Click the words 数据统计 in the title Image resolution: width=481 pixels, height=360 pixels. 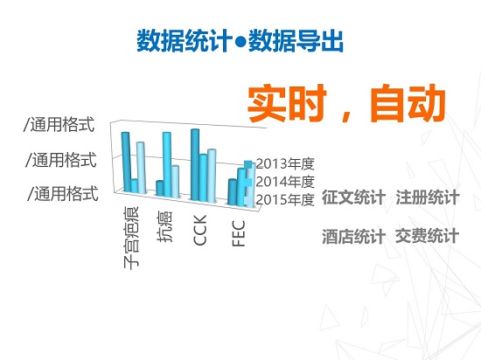tap(185, 41)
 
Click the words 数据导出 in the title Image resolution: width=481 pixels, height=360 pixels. tap(296, 41)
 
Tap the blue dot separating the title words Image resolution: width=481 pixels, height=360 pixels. tap(240, 42)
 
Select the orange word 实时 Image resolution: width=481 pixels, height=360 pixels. tap(287, 103)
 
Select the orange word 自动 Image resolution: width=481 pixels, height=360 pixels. tap(408, 103)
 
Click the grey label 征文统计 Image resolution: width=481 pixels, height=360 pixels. tap(353, 197)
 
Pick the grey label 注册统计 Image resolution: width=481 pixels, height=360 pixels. tap(428, 197)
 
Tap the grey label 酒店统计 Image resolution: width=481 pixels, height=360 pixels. tap(353, 236)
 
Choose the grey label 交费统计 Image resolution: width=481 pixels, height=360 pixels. tap(428, 236)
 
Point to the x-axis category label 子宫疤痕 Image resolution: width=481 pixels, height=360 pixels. tap(131, 238)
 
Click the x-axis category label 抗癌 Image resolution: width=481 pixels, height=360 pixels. tap(164, 226)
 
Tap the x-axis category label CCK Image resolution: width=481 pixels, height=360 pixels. tap(199, 230)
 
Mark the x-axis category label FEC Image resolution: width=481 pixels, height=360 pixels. tap(239, 233)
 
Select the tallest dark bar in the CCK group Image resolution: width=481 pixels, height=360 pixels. tap(195, 165)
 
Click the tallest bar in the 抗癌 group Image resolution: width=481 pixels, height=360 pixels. tap(167, 164)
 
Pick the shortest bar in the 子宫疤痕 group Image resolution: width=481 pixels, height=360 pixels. tap(134, 185)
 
